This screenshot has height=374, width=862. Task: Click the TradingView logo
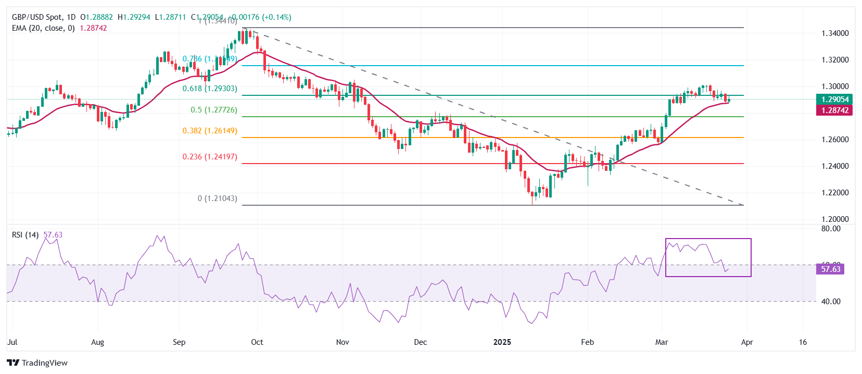coord(37,363)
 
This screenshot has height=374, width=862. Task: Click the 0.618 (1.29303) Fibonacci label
coord(209,89)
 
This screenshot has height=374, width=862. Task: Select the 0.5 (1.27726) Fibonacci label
coord(213,110)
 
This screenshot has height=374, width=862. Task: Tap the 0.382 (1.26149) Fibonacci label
coord(209,131)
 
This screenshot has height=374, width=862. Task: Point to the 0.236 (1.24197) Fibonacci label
coord(209,157)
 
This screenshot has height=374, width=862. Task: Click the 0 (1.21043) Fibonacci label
coord(217,198)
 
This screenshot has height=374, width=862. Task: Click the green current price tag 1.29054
coord(834,99)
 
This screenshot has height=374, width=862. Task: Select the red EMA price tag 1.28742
coord(834,110)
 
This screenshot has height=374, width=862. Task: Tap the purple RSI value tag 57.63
coord(830,269)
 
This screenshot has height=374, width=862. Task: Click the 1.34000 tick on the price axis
coord(835,33)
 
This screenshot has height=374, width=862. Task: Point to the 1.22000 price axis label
coord(835,193)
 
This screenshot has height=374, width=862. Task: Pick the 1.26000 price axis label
coord(835,140)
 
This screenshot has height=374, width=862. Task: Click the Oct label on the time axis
coord(257,342)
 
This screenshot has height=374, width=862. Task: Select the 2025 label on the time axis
coord(502,342)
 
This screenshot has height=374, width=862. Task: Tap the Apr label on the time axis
coord(746,342)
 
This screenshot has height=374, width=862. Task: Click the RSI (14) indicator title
coord(25,235)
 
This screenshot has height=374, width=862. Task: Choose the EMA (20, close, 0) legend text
coord(43,28)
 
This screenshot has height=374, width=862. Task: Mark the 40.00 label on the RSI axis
coord(831,302)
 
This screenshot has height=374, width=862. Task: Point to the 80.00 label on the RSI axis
coord(831,229)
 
